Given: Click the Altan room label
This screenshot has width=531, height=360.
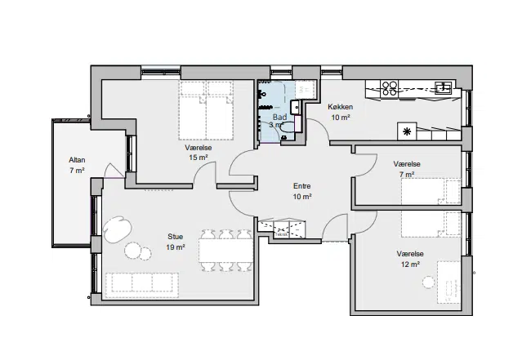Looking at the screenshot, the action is coord(77,160).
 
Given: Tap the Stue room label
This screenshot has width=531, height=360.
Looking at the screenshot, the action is coord(175,237).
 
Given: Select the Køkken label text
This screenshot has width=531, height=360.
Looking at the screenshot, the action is coord(340,107).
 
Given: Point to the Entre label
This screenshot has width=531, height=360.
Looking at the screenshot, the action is coord(301,186).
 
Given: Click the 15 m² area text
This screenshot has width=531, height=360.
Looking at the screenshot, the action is coord(199,158).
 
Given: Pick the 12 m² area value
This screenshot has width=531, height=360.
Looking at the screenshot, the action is coord(410,264).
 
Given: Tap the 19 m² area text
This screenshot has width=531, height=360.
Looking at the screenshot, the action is coord(175,247).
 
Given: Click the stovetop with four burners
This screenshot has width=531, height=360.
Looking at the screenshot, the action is coord(389,88).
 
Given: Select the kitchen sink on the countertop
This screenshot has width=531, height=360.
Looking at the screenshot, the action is coord(444,87).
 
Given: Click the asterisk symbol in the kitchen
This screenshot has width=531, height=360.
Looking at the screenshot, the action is coord(407,131).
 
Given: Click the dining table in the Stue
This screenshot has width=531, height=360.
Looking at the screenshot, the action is coord(225,251).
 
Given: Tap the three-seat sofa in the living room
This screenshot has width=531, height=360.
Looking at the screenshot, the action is coord(142,282).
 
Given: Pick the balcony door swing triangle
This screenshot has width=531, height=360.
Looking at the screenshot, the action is coord(114,171).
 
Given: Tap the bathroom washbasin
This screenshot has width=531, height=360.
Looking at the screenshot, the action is coord(295,107).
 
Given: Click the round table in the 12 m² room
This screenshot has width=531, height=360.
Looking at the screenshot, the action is coord(428,282).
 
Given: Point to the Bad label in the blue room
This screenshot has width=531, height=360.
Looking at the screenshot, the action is coord(279,117).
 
